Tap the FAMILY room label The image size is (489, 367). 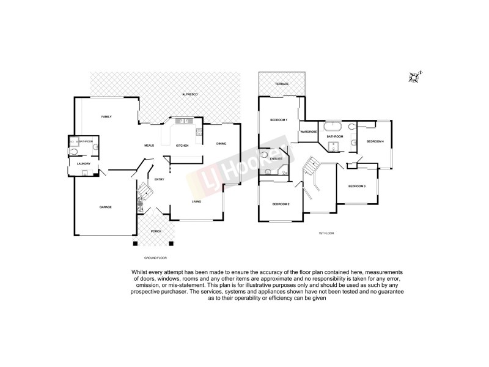106,117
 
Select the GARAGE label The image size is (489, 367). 106,207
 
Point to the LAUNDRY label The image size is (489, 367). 84,164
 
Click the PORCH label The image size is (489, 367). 155,232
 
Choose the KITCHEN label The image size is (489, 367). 182,146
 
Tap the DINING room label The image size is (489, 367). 221,144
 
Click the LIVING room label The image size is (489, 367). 196,201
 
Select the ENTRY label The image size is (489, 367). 159,179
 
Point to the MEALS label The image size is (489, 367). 148,146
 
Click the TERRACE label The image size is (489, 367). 281,84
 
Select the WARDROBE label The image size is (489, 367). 308,132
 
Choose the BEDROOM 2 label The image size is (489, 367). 281,204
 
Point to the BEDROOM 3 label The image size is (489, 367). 357,186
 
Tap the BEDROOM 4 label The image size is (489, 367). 375,142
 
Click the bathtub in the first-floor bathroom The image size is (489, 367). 333,127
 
